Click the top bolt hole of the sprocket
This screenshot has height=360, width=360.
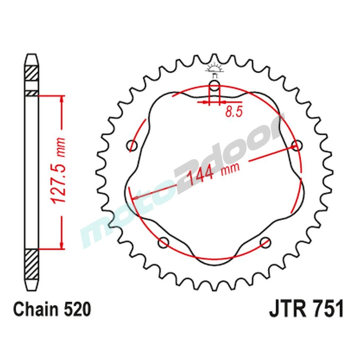point(214,86)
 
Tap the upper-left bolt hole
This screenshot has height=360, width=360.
point(133,146)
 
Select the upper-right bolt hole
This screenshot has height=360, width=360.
point(296,146)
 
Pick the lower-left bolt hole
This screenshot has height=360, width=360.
point(164,242)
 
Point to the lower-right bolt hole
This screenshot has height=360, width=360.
point(265,242)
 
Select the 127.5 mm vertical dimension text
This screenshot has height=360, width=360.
point(58,171)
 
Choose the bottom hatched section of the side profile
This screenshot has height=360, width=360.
point(31,265)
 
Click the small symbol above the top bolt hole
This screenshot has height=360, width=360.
point(214,69)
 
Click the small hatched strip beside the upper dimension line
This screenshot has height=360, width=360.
point(31,93)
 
